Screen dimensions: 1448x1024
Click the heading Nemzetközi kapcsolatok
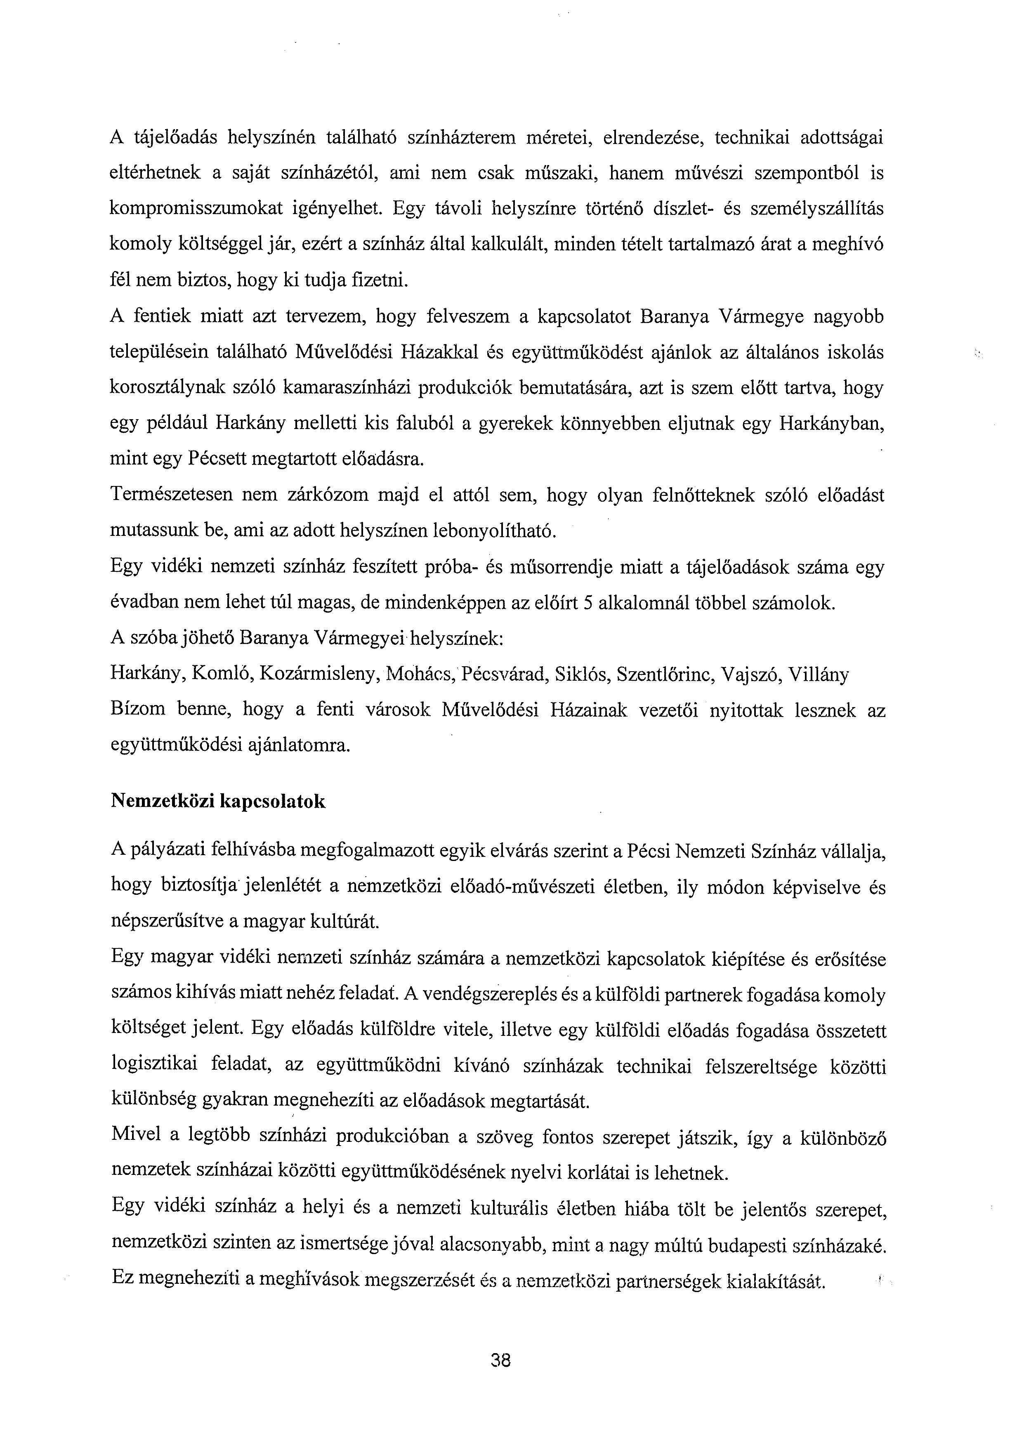click(x=218, y=802)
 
